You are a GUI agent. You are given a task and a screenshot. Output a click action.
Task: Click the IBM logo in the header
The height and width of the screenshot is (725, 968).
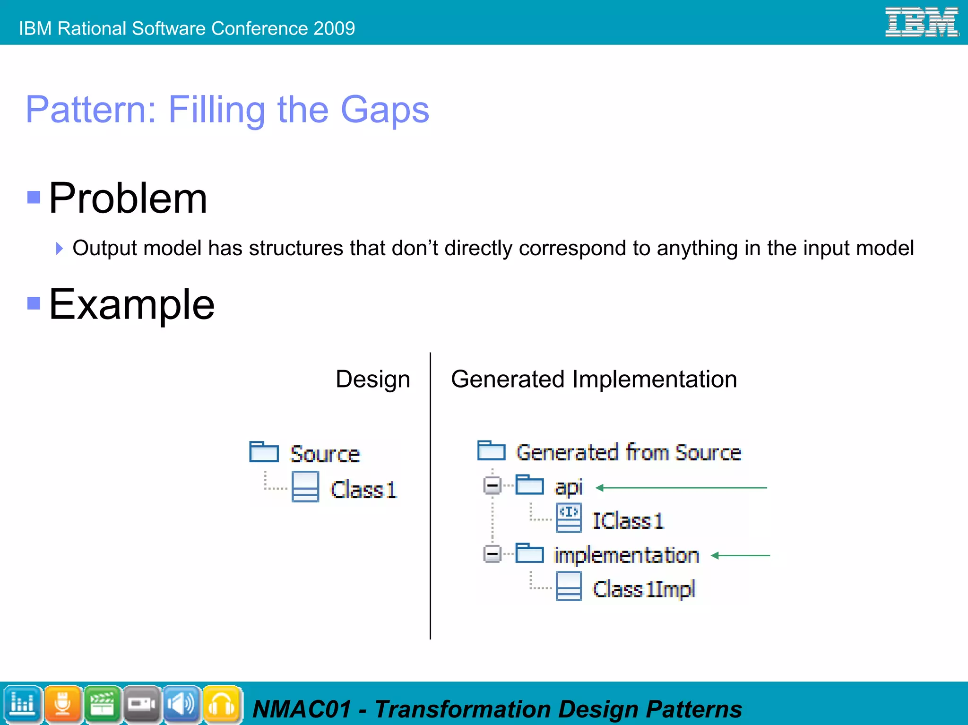[921, 22]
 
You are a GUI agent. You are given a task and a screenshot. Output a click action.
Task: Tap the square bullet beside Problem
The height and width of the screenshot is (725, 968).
[34, 197]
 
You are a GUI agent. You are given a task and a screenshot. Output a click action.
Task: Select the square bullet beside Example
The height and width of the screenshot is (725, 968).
[34, 303]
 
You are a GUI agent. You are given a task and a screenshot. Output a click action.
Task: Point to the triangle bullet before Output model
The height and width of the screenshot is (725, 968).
[59, 248]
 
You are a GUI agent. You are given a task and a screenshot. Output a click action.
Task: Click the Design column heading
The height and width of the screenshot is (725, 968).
[372, 379]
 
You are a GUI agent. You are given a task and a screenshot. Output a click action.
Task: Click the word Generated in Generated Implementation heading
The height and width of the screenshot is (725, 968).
[508, 379]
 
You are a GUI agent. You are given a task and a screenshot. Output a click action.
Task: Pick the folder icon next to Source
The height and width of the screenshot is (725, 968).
[264, 452]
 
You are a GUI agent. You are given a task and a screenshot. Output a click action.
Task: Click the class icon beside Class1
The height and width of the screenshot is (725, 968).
[305, 487]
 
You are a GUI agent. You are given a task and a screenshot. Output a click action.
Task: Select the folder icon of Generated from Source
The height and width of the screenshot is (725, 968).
[491, 450]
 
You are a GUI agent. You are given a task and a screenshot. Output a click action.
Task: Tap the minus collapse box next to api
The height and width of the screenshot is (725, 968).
[492, 485]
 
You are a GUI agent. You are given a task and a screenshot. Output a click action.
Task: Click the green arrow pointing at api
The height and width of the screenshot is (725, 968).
[681, 488]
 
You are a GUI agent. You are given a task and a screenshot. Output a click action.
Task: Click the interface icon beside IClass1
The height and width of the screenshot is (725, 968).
[569, 518]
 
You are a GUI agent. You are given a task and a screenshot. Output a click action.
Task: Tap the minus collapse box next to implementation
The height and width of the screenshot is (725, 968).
[492, 553]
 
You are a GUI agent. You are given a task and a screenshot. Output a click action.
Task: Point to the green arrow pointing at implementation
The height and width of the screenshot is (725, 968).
[740, 556]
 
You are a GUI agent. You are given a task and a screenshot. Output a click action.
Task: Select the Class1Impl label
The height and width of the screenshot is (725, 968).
[644, 589]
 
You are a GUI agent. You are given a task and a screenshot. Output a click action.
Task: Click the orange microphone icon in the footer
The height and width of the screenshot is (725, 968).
[62, 704]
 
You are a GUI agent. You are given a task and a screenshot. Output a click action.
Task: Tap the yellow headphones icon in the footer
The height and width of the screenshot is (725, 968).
[221, 704]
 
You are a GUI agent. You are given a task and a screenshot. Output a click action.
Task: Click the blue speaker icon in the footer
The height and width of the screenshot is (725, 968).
[181, 704]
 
